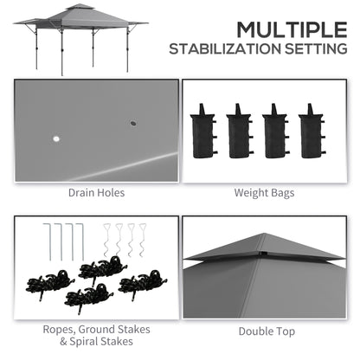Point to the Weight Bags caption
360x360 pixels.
coord(265,192)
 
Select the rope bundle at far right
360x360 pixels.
coord(140,283)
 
